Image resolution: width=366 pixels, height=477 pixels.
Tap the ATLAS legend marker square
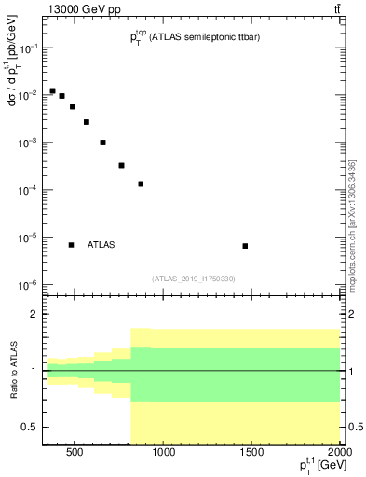click(71, 245)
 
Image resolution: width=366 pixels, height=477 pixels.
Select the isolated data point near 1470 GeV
click(245, 246)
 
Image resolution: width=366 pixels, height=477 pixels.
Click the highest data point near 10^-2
click(52, 90)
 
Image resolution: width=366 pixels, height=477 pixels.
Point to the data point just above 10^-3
click(102, 143)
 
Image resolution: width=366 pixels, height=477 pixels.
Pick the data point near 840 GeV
click(141, 184)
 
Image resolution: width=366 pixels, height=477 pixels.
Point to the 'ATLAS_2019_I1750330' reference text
click(193, 279)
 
